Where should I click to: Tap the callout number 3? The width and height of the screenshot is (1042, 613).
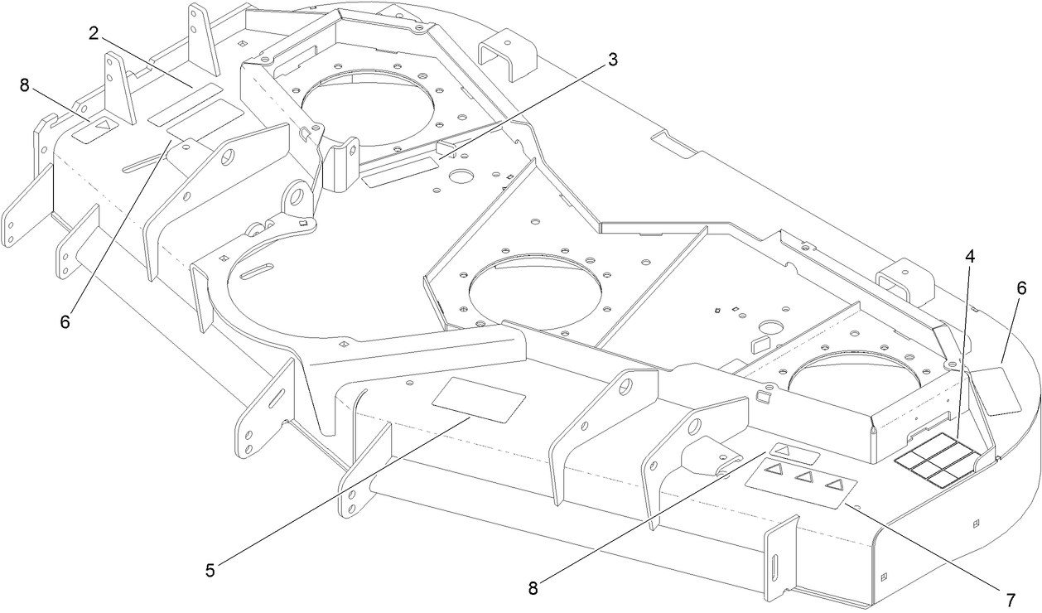(612, 59)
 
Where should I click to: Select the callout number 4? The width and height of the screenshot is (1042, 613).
(968, 256)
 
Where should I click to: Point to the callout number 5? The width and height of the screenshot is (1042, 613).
(210, 569)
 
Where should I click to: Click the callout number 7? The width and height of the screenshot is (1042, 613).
(1010, 598)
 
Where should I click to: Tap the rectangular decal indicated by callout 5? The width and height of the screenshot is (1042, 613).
(480, 399)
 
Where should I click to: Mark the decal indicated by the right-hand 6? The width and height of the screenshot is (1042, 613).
(996, 391)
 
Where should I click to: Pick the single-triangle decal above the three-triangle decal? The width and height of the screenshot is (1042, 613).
(794, 453)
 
